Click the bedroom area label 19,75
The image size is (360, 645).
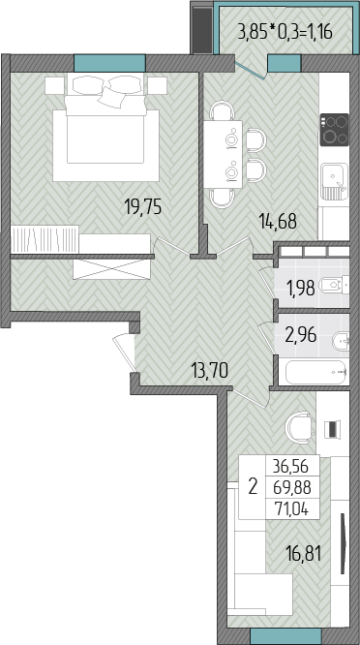[143, 207]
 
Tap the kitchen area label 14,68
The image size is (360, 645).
[278, 222]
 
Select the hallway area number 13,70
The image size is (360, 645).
[210, 372]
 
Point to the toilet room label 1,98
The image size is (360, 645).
[301, 288]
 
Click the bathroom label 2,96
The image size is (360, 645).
[301, 336]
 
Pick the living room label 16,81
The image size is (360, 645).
[304, 554]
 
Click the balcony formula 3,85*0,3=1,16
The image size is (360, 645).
[285, 32]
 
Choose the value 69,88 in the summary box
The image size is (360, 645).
[293, 488]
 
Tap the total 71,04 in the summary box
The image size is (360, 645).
[293, 509]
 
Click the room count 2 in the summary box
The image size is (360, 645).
[253, 487]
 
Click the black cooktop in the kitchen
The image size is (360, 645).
[335, 130]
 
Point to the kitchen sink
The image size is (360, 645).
[335, 181]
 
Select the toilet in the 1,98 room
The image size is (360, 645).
[334, 285]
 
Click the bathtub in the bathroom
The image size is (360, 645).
[315, 372]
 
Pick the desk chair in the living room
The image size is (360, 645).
[300, 427]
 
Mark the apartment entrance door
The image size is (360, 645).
[124, 353]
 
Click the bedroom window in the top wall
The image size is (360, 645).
[109, 63]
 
